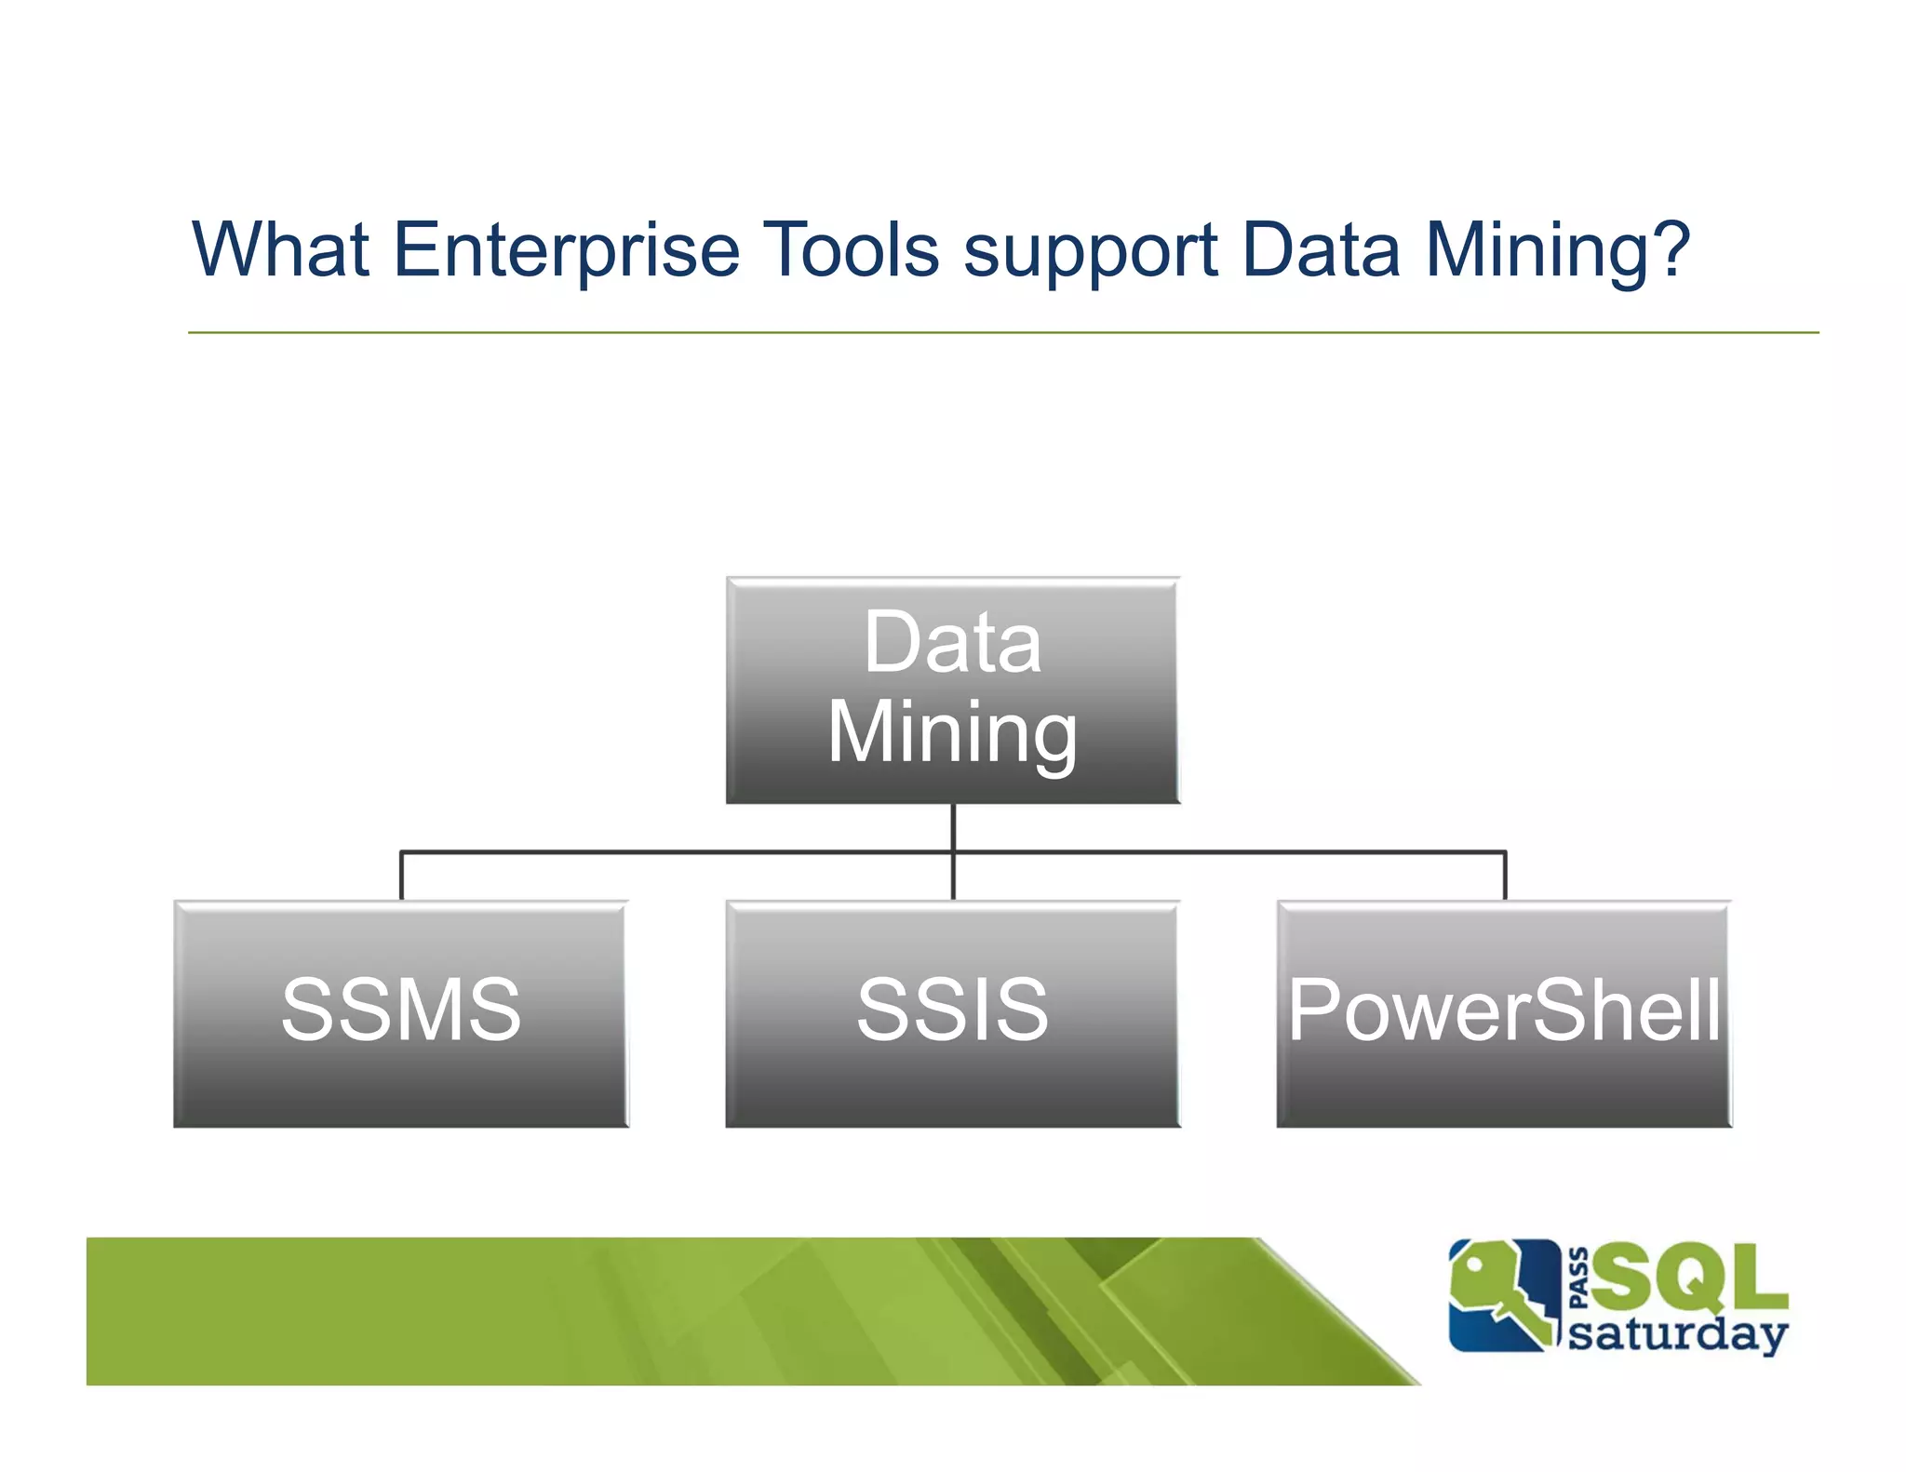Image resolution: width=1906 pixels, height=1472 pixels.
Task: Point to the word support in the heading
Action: click(1090, 251)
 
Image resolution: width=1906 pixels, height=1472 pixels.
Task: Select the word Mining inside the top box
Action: click(952, 733)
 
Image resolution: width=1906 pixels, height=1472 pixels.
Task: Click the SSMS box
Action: click(401, 1014)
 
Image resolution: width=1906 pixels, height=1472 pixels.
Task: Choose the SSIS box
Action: click(952, 1014)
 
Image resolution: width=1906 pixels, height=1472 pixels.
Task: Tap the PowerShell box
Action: click(1504, 1014)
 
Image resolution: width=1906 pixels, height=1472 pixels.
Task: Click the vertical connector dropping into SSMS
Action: click(401, 876)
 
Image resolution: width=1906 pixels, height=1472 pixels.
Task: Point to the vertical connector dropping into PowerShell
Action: click(1505, 876)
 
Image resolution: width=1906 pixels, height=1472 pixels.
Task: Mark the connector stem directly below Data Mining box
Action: click(953, 827)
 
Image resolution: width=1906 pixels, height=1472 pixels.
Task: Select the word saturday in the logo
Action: click(1677, 1334)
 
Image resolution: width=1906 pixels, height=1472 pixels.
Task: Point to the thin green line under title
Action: click(1002, 332)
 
